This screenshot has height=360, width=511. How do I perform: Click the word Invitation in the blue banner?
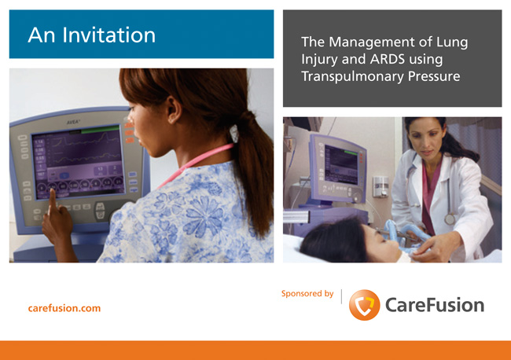[108, 35]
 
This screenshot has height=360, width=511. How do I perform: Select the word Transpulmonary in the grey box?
[353, 77]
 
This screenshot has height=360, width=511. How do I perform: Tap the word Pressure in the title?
[434, 76]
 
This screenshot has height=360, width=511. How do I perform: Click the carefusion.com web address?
[64, 308]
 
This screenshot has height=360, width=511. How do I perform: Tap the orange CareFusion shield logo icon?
[364, 305]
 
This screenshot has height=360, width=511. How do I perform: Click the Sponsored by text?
[307, 293]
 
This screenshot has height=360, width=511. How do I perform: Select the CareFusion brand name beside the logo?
[435, 305]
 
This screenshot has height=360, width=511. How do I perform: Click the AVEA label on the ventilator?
[73, 122]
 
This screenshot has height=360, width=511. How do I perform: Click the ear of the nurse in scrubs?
[174, 109]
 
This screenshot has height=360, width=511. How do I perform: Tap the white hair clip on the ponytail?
[234, 134]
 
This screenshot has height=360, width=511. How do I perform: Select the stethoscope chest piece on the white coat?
[450, 219]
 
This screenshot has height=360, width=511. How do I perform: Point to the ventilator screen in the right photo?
[341, 165]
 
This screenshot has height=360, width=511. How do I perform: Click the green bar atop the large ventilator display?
[100, 130]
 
